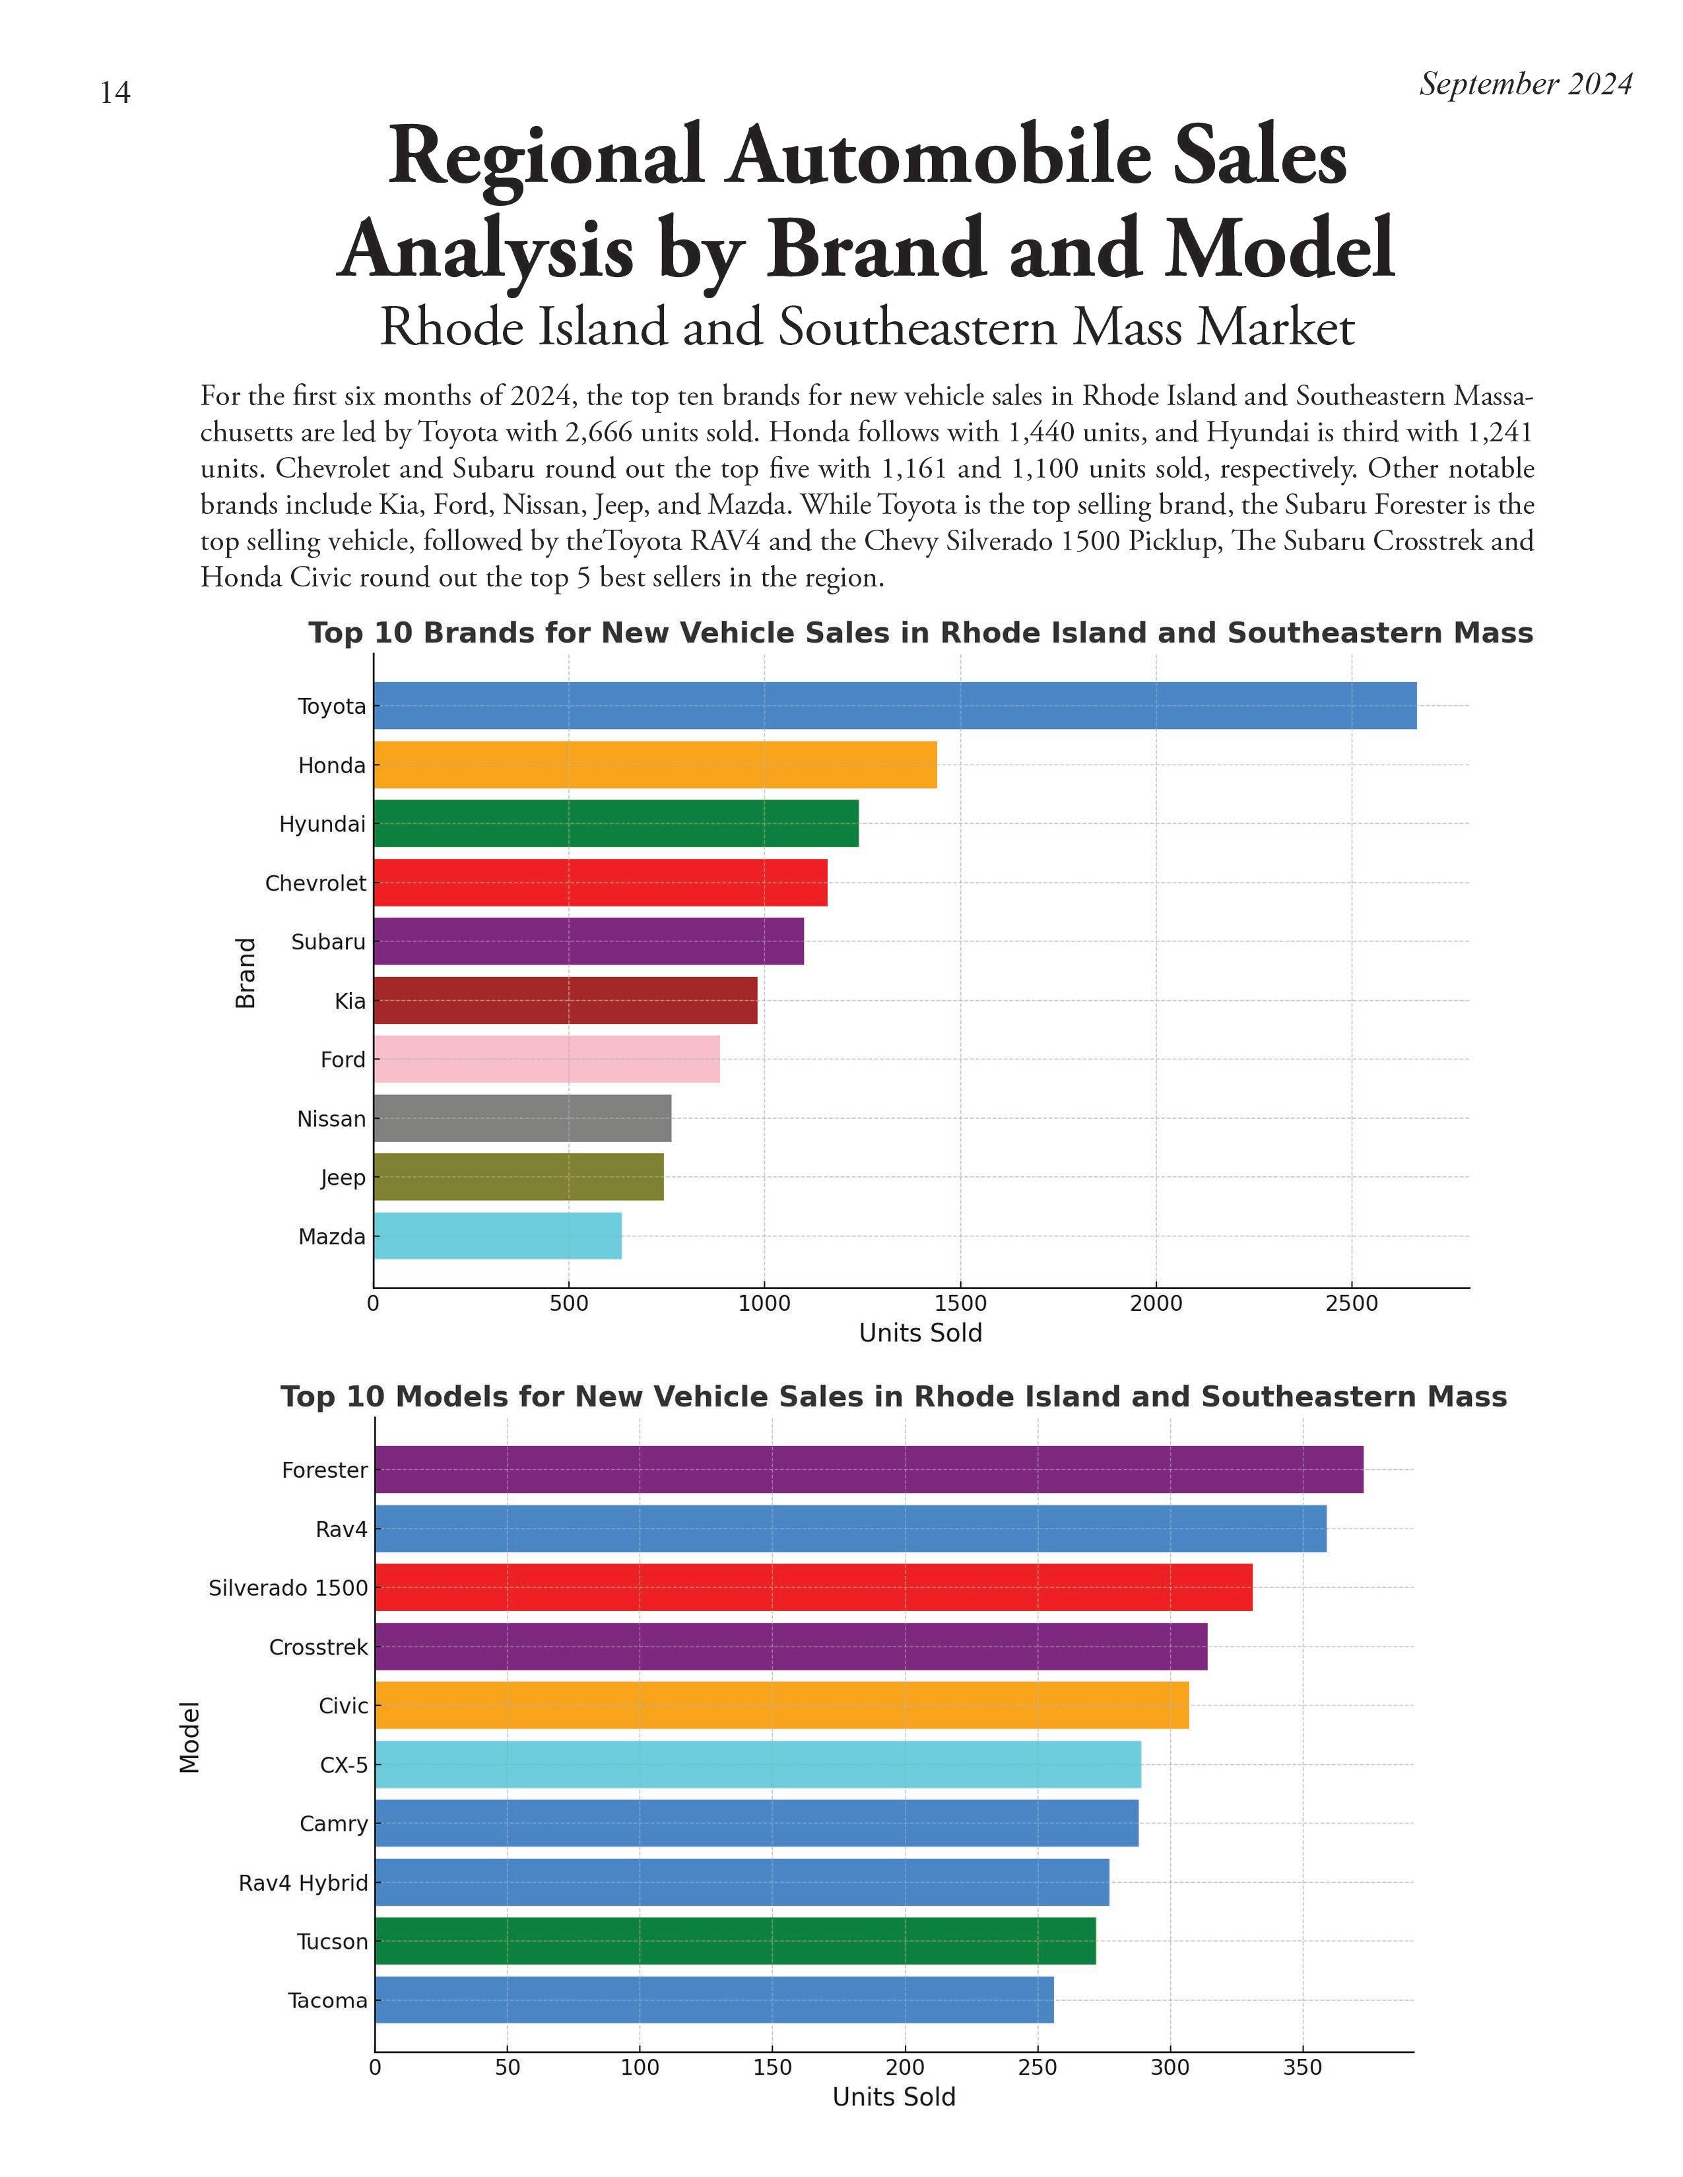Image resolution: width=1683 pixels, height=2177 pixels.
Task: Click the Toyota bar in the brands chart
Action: click(x=894, y=706)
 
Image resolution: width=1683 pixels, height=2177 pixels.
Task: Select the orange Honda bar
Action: click(x=655, y=765)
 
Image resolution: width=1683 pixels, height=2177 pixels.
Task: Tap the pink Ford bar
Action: click(x=546, y=1059)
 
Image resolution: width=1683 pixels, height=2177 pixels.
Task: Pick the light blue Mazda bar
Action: click(x=498, y=1236)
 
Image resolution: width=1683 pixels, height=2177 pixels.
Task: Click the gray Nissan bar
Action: click(x=523, y=1118)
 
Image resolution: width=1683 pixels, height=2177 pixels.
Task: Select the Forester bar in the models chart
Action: click(x=869, y=1469)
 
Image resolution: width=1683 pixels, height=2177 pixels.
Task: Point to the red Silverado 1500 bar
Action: click(x=814, y=1587)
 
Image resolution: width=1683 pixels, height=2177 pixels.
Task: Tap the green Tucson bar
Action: click(x=735, y=1941)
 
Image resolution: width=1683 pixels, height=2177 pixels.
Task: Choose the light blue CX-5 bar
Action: click(x=758, y=1764)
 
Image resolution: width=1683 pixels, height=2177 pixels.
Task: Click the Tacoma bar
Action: click(x=714, y=2000)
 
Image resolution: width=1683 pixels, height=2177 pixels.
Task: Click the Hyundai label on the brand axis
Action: click(x=322, y=825)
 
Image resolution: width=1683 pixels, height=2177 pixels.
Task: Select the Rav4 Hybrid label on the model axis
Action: click(x=303, y=1883)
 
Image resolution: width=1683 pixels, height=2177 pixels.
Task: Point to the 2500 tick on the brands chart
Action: click(x=1352, y=1304)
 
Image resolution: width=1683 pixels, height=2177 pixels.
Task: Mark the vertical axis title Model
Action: click(x=189, y=1736)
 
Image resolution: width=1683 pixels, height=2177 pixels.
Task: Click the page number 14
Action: click(x=115, y=93)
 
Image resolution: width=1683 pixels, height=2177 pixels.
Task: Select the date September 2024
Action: click(x=1525, y=84)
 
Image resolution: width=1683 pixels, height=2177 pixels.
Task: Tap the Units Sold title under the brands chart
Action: click(x=920, y=1333)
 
